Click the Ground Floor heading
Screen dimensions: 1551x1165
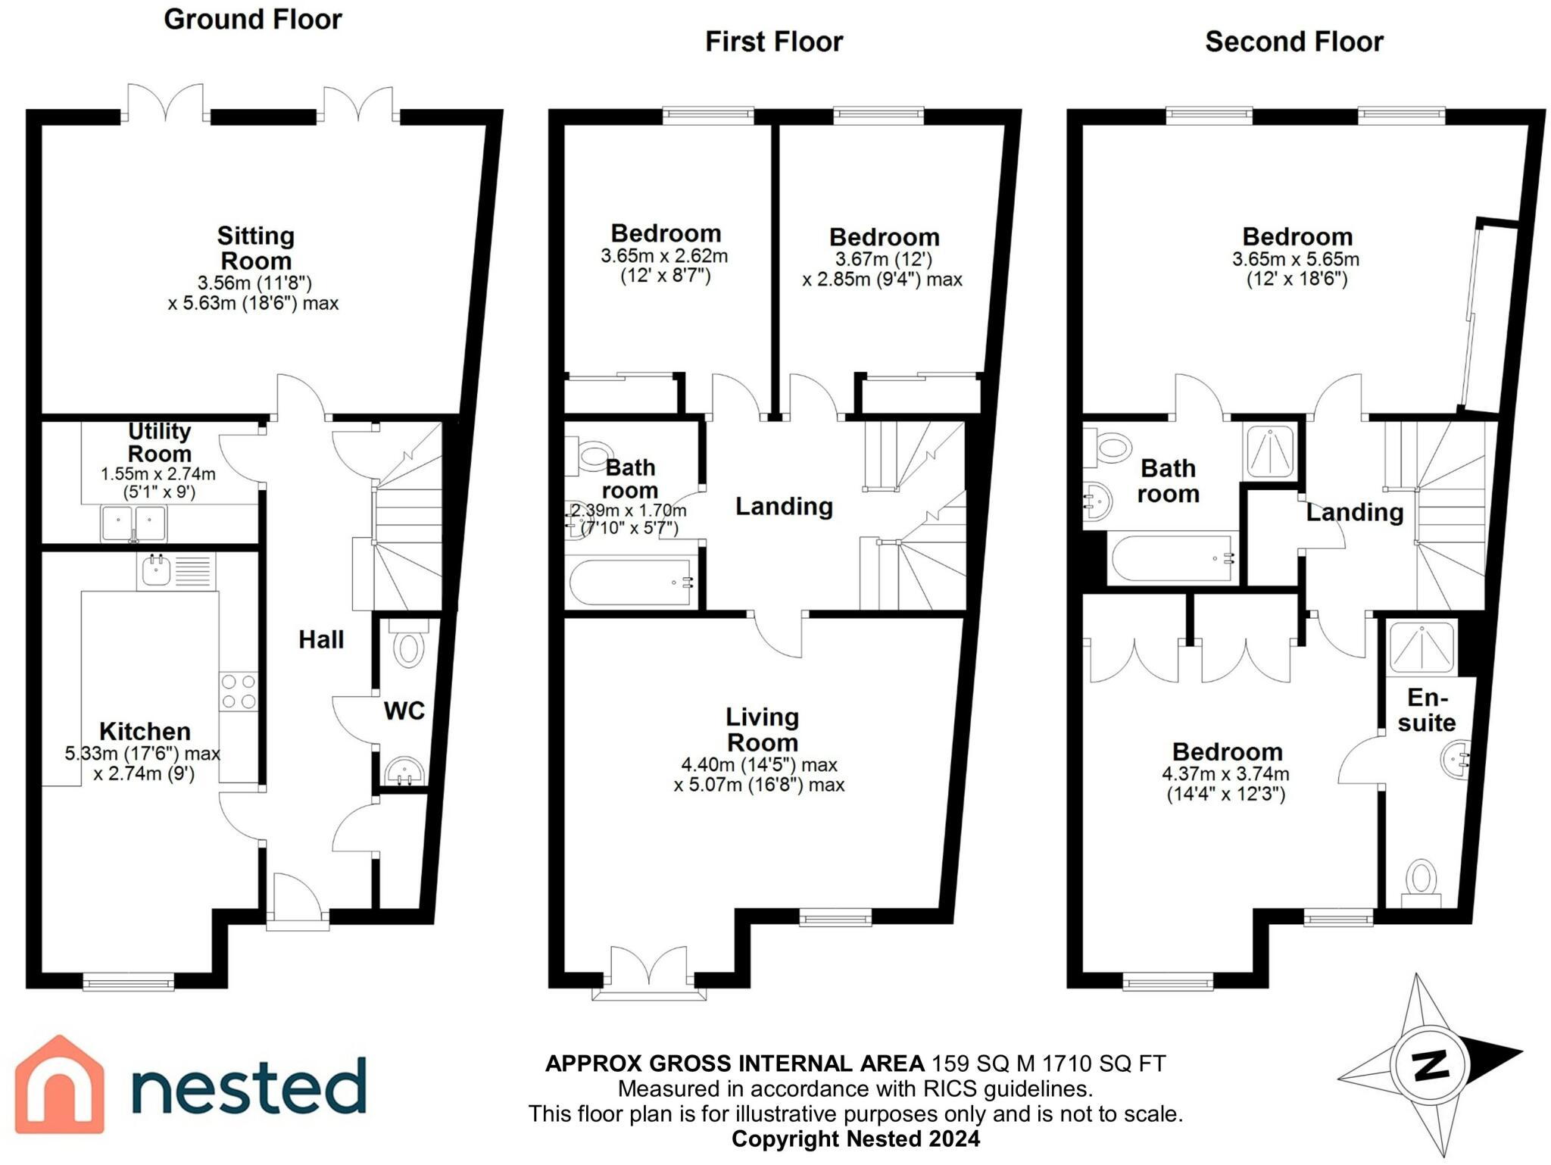[253, 20]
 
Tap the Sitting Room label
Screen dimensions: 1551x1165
[255, 248]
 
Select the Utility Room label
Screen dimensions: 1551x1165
[159, 442]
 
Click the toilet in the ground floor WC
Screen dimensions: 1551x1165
[409, 648]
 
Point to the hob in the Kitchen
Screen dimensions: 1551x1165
[238, 692]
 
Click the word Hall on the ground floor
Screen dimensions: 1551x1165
[321, 640]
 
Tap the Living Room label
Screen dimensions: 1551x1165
[762, 729]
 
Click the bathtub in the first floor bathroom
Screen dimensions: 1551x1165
[631, 582]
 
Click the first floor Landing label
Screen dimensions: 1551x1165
[784, 506]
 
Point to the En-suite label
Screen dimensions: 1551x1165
[1427, 710]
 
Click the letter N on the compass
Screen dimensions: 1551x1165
[1431, 1066]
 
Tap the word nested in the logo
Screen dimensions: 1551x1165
[248, 1085]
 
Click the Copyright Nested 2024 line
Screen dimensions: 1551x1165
[855, 1138]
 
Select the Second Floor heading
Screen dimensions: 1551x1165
[1294, 42]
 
